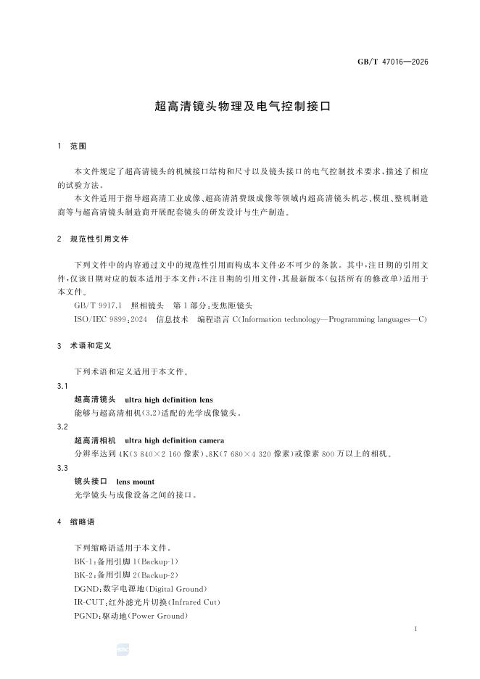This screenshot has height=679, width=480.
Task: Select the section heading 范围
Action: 78,146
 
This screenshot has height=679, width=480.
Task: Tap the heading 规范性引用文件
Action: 99,239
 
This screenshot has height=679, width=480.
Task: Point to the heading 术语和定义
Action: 89,347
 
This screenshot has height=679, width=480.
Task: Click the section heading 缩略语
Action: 83,522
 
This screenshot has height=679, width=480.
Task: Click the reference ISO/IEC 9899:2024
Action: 110,319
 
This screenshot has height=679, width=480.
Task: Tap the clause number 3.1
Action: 62,386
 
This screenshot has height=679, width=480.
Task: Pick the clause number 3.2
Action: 62,427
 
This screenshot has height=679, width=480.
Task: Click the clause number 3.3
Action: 62,468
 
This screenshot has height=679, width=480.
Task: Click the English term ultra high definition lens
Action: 169,400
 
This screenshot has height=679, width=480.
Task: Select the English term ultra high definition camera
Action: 175,440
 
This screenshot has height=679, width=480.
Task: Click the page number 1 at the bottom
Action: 415,628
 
